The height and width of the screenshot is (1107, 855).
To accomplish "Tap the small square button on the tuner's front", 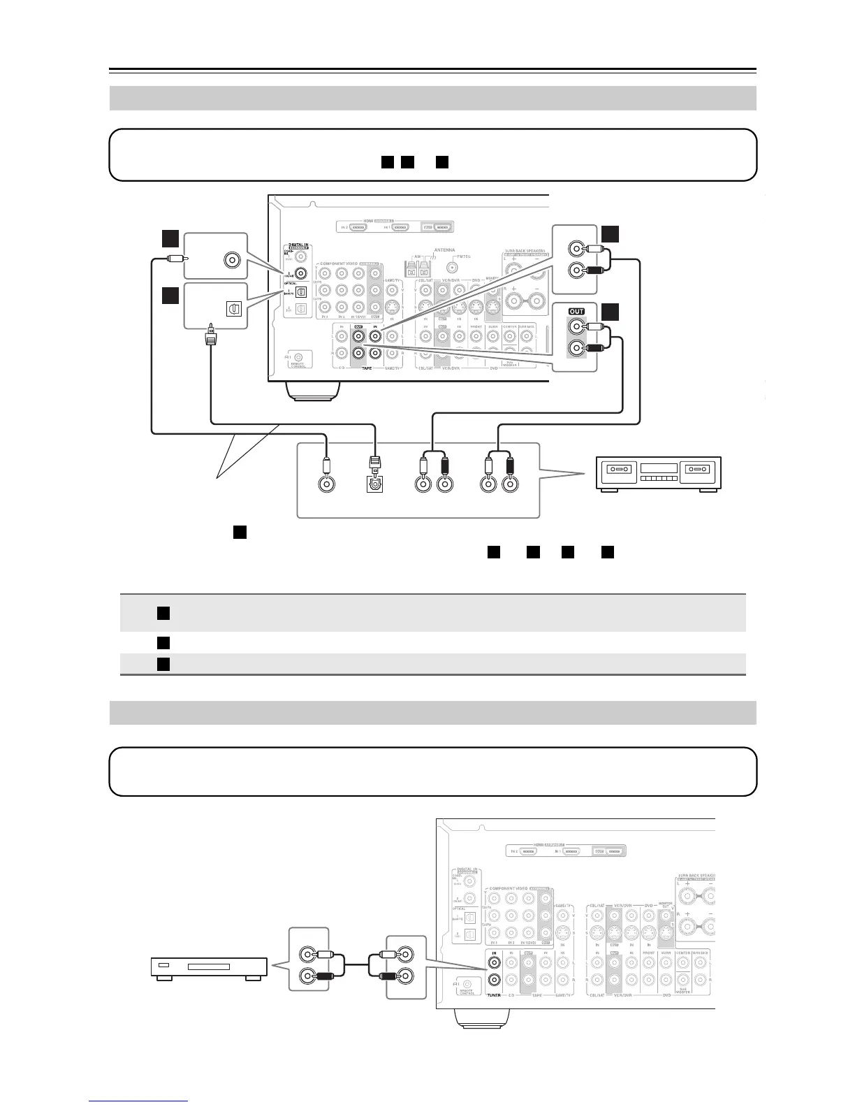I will [164, 965].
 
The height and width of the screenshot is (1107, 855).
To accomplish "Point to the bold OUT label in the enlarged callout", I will [576, 312].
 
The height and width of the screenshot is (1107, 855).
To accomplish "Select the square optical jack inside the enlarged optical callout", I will [233, 308].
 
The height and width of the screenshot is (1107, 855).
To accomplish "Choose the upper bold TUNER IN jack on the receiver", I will [495, 965].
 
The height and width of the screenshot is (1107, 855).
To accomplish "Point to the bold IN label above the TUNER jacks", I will [495, 953].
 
